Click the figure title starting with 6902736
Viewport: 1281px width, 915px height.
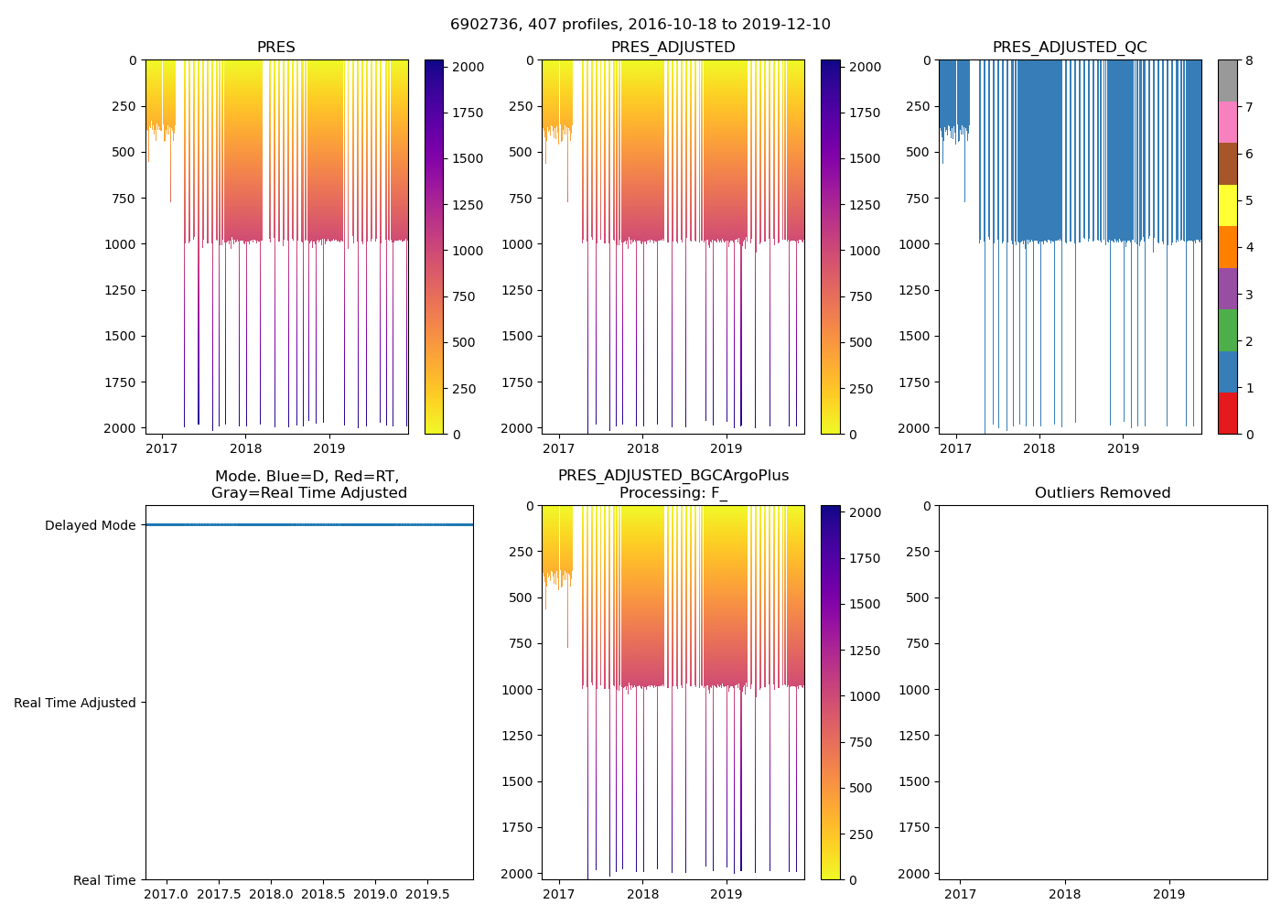point(640,25)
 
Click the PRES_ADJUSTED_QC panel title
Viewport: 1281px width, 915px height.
point(1070,48)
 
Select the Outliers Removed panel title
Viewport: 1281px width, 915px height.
point(1103,493)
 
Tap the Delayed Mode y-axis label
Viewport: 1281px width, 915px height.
point(90,526)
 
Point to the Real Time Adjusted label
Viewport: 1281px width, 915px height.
point(75,703)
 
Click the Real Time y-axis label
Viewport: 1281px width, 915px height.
point(104,880)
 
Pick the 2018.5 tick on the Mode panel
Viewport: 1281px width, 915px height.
point(323,893)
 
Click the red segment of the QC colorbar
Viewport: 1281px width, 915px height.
point(1227,414)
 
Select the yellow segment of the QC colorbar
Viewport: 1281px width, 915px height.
point(1227,205)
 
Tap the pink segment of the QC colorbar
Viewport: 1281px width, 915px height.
point(1227,122)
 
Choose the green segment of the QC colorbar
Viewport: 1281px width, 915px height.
point(1227,330)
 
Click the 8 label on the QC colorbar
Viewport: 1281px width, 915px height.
point(1249,60)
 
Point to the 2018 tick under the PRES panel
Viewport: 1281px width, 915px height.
point(245,448)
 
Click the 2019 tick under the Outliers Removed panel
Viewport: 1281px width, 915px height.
point(1168,894)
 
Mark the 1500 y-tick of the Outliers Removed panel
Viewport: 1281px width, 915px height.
point(914,781)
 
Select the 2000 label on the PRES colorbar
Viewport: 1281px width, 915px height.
point(468,67)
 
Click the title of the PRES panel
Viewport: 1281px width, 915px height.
point(275,48)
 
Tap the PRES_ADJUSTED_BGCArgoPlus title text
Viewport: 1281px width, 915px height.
point(673,476)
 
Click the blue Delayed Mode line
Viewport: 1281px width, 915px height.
point(309,525)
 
